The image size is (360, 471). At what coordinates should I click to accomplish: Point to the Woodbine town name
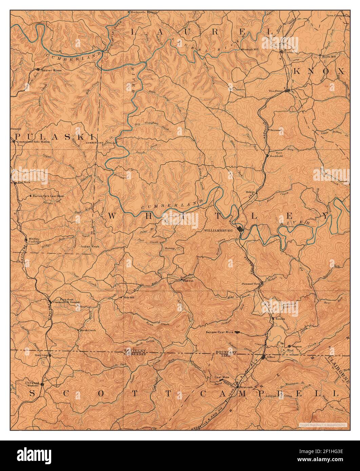point(275,91)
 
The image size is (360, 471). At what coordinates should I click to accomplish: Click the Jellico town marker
point(264,357)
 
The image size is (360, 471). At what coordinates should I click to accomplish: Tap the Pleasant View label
point(250,284)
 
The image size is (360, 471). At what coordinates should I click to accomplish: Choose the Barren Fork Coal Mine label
point(48,196)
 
